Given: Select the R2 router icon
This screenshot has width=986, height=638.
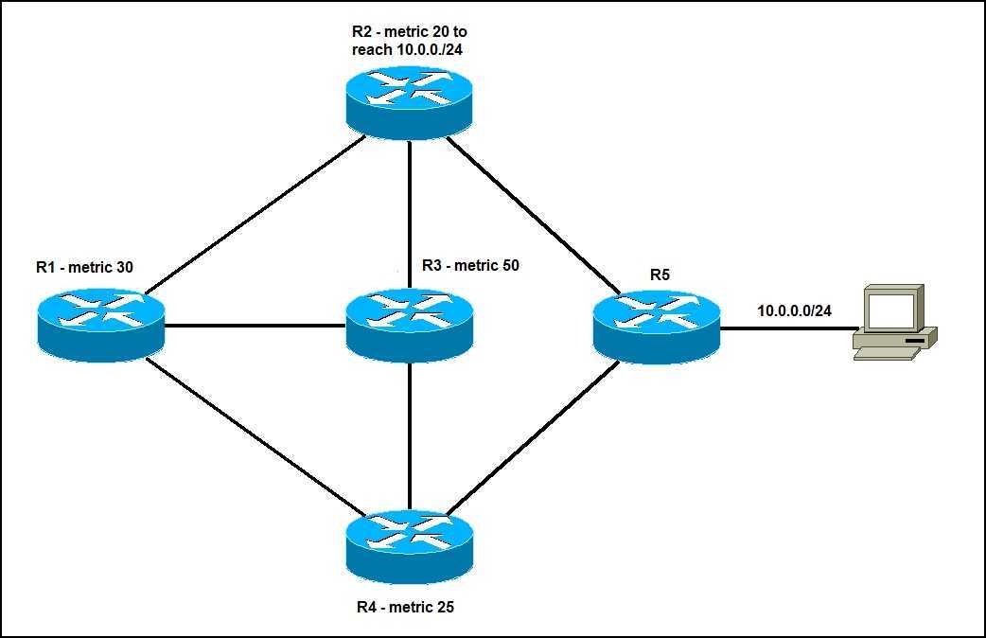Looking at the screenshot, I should pos(409,102).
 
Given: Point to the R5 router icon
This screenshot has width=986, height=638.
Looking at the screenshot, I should pos(656,327).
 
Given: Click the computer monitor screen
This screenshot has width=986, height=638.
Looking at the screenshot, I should pos(891,310).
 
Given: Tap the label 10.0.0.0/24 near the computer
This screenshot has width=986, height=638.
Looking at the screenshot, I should pos(794,310).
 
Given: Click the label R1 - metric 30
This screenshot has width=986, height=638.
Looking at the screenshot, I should pos(84,268).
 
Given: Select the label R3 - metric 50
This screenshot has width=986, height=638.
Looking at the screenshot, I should pos(470,266).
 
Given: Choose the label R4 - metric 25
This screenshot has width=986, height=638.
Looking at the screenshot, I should pos(405,607).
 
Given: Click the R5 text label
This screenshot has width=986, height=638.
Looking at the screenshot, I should pos(660,275).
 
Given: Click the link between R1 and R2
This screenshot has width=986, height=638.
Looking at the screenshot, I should pos(255,214).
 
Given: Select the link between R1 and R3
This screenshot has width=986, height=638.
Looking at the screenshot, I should pos(255,327).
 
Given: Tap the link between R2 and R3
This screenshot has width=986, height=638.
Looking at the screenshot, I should pos(409,213).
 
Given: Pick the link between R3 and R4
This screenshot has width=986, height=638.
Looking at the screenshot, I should pos(409,435).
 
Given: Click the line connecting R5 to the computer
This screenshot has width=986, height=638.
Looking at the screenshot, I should pos(785,329).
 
